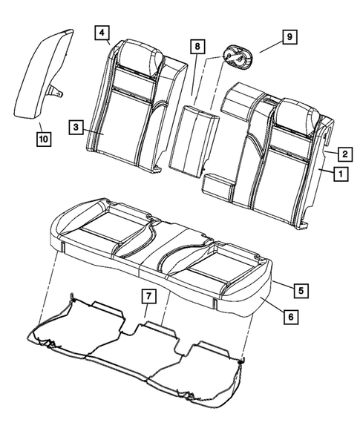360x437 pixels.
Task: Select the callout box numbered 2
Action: [345, 154]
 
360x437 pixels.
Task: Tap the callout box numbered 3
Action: [77, 128]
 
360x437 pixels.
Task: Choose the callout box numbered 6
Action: [291, 316]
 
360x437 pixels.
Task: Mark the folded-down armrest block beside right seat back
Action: [220, 185]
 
